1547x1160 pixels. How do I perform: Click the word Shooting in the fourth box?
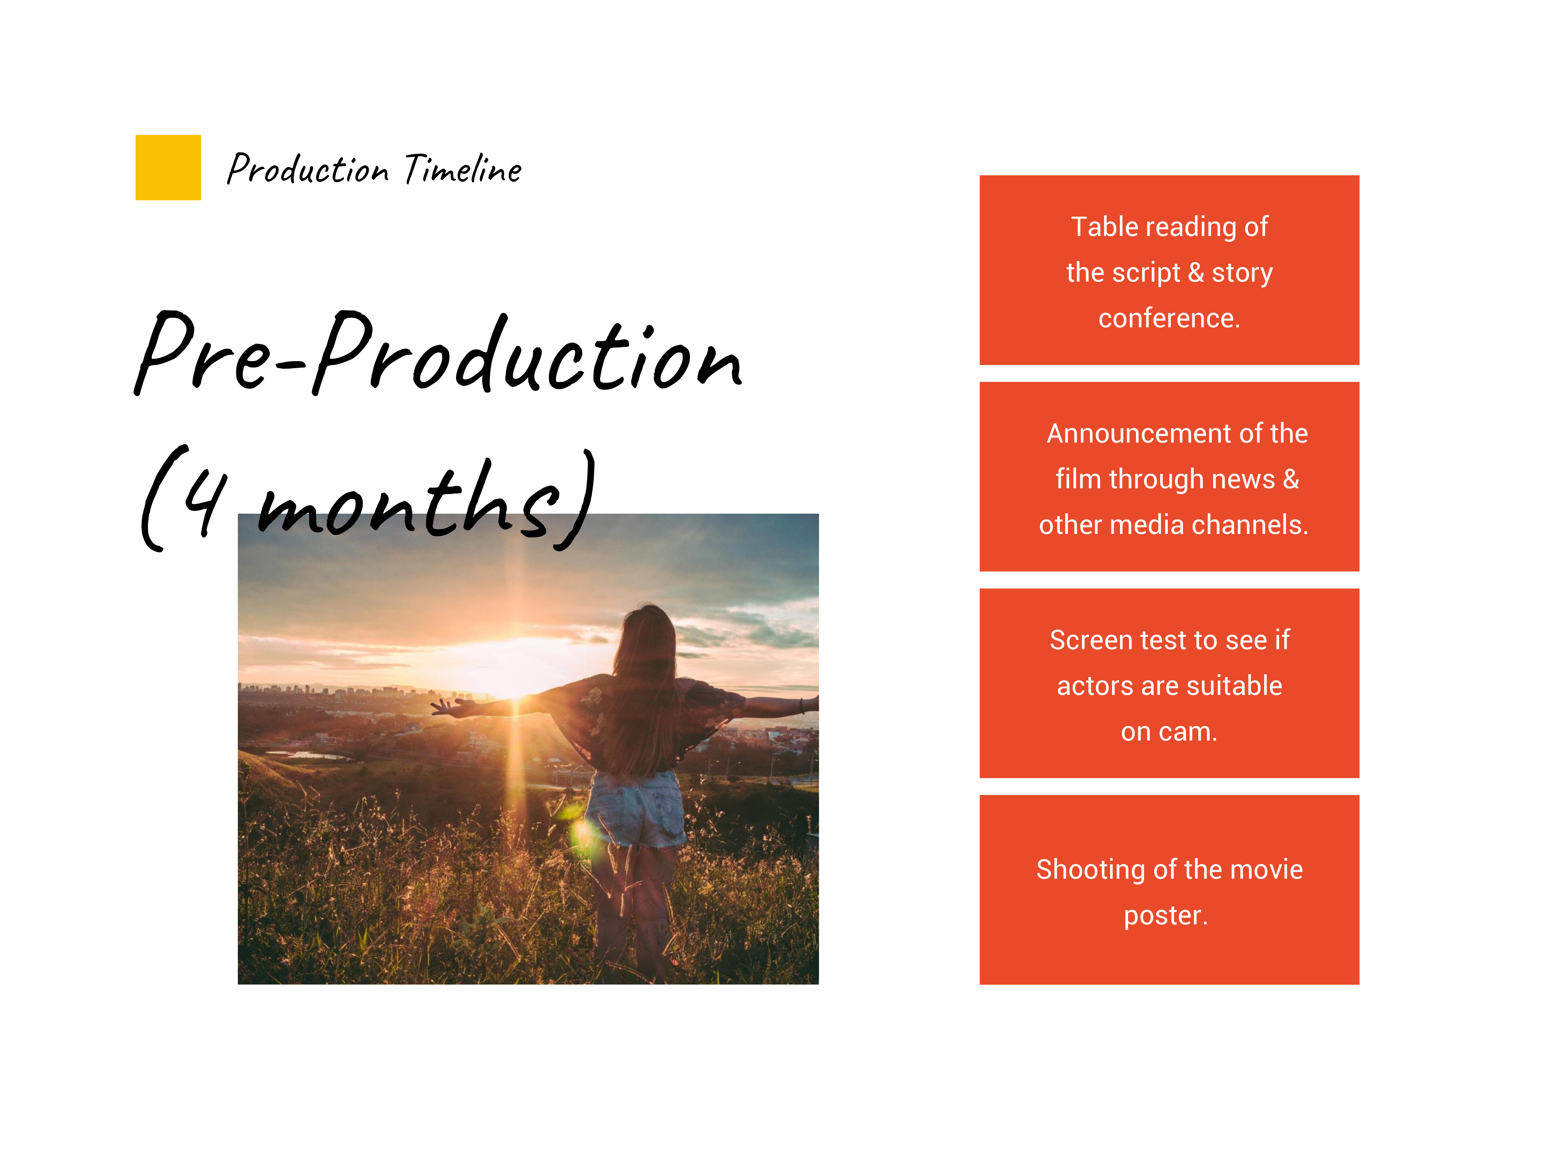click(1091, 870)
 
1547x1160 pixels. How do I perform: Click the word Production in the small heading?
click(308, 169)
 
